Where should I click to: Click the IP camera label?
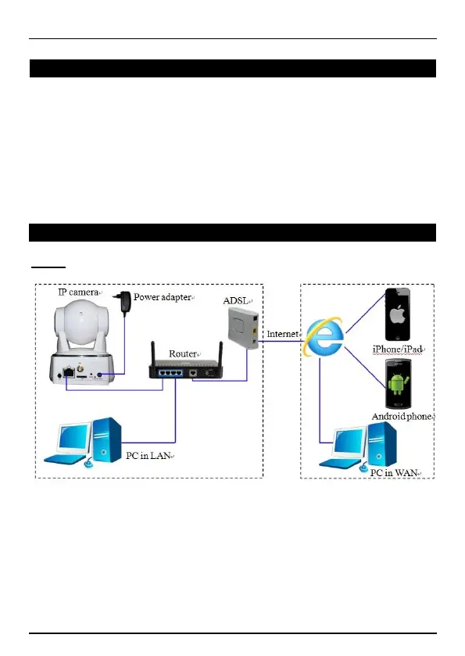coord(78,292)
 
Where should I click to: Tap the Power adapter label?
coord(163,297)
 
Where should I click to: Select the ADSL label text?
coord(235,301)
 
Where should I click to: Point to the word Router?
coord(182,354)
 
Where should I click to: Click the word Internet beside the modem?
coord(283,334)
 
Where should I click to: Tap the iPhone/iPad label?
coord(397,350)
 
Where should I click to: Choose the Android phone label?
coord(402,416)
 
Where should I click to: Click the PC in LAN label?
coord(148,456)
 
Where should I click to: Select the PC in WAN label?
coord(394,473)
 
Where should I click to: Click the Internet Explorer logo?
coord(324,337)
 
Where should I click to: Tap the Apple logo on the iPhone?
coord(397,314)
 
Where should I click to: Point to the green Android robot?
coord(398,384)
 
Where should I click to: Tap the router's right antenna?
coord(221,354)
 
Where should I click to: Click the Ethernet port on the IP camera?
coord(69,371)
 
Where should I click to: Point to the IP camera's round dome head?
coord(82,320)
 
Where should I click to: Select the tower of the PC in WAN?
coord(382,444)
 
